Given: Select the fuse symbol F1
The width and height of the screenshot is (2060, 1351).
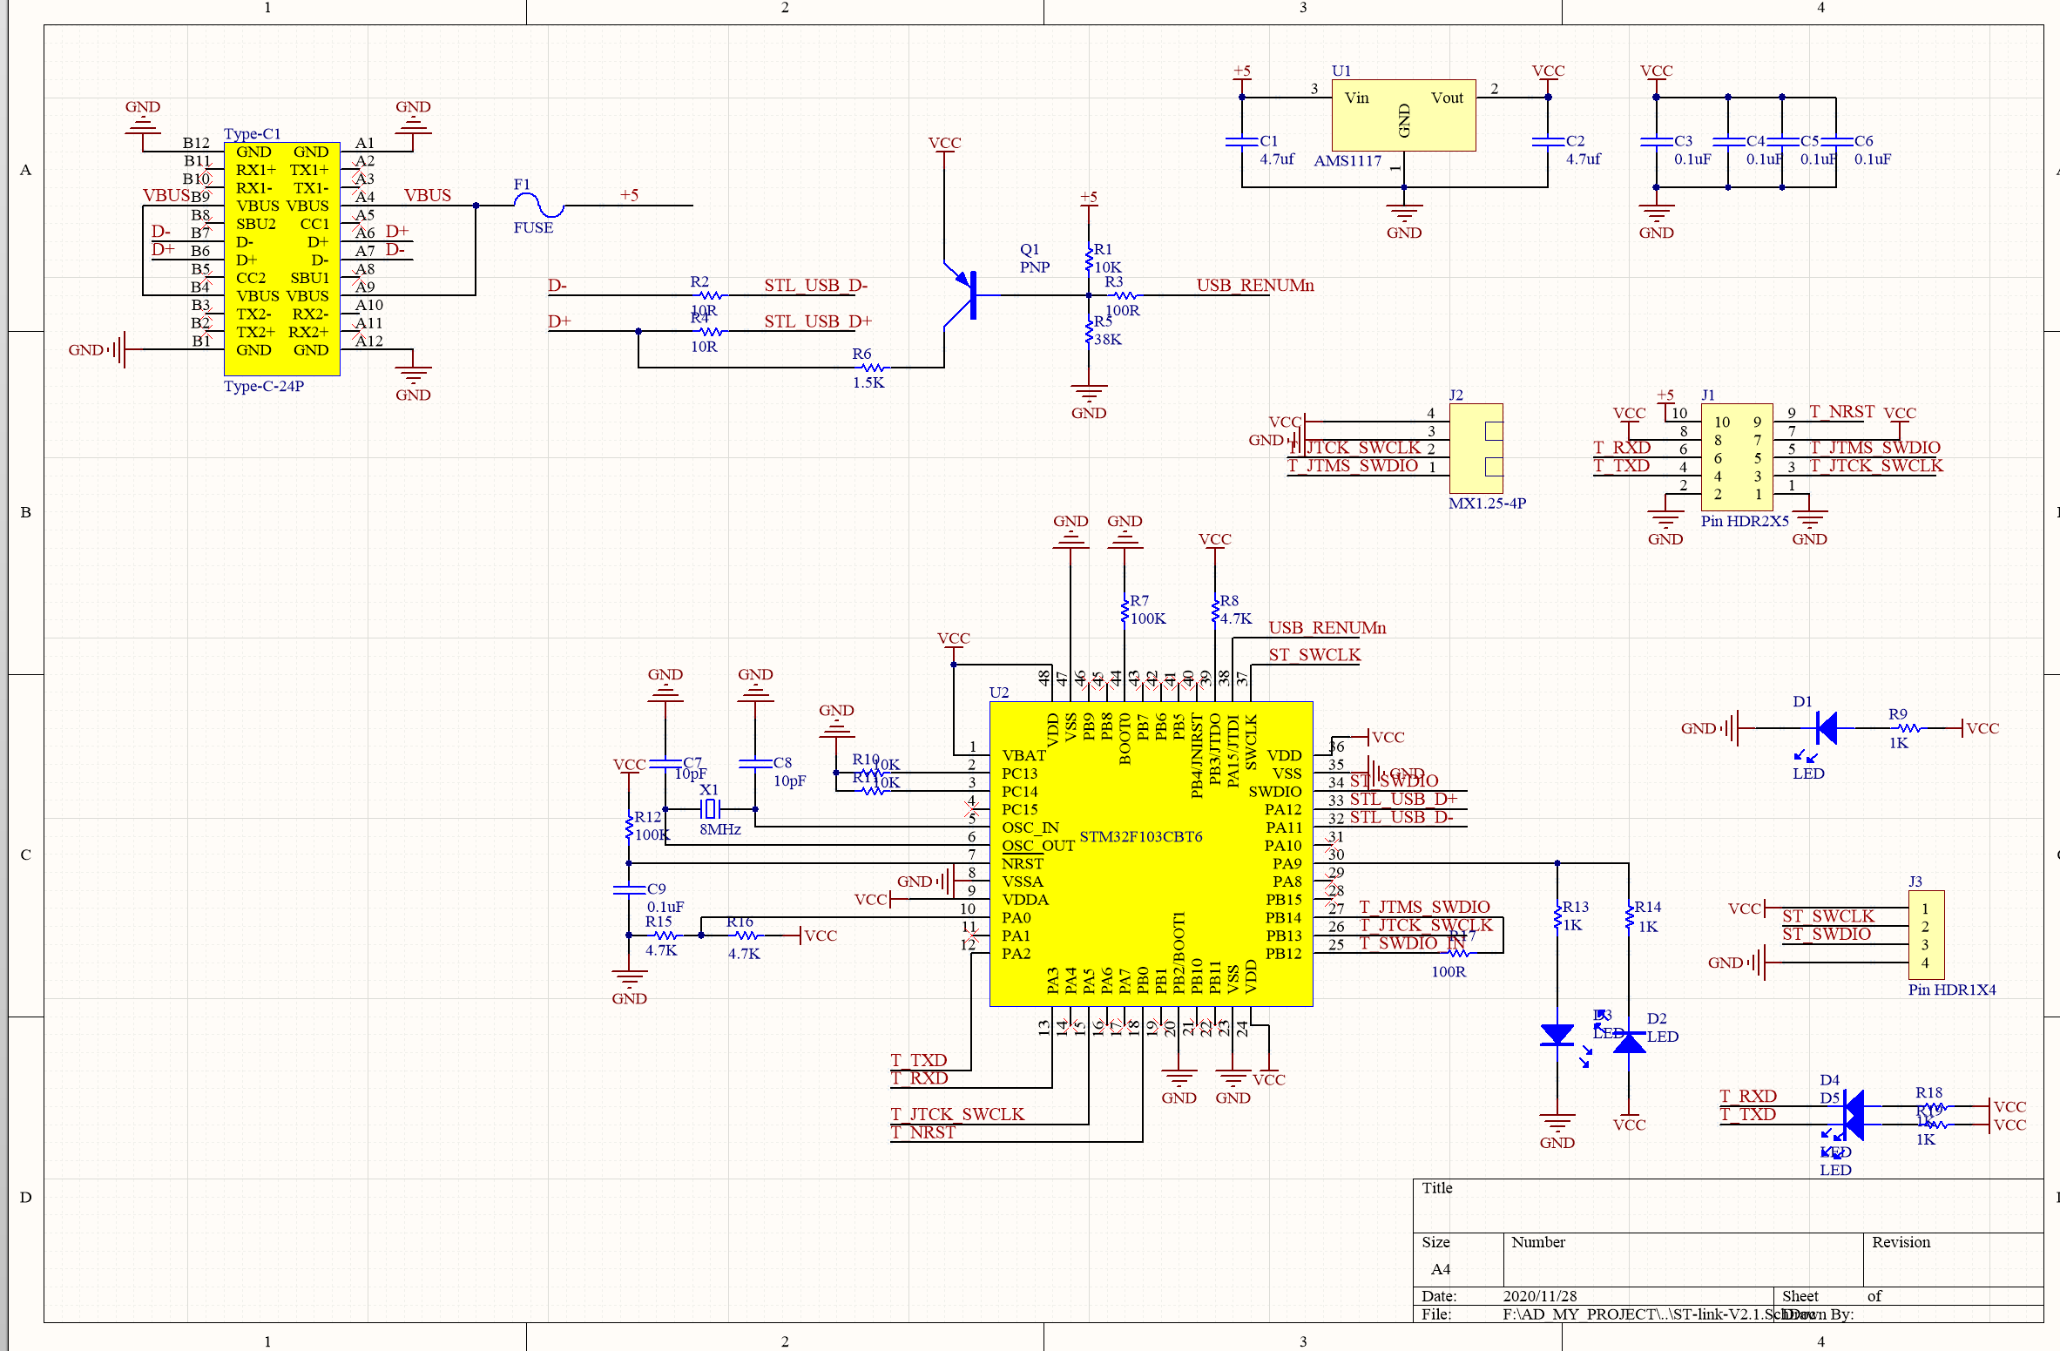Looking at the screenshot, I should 539,206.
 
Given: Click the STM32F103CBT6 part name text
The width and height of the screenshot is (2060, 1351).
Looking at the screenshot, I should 1140,836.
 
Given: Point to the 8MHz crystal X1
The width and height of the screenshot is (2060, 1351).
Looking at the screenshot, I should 710,809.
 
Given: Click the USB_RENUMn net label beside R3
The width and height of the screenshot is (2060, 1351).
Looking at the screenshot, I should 1254,286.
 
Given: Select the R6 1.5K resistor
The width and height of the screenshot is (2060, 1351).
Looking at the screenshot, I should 868,368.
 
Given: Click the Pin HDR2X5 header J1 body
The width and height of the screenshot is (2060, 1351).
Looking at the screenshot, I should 1736,457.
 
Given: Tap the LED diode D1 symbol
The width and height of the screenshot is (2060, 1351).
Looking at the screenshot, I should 1826,728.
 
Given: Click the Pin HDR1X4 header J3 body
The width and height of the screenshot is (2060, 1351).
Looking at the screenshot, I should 1925,935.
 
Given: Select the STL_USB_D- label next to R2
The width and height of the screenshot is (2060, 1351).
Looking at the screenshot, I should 815,286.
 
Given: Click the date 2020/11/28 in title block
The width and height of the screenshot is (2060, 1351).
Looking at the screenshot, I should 1539,1296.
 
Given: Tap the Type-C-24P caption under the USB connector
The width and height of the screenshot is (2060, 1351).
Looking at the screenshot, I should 264,386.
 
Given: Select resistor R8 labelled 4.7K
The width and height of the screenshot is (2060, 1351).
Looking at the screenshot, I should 1215,611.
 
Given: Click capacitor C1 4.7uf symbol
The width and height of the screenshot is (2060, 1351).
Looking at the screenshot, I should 1241,142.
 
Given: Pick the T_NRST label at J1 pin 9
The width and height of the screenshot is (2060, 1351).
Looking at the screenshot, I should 1841,411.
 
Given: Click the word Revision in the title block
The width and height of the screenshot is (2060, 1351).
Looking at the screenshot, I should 1901,1242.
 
